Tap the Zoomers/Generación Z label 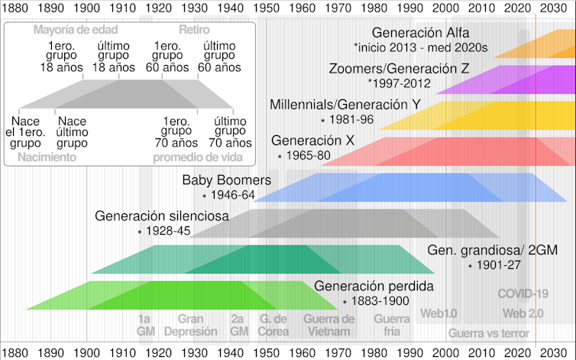(x=400, y=69)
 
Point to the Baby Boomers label (x=227, y=181)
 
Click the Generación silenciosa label (x=162, y=216)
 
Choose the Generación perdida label (x=374, y=287)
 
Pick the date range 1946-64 (x=232, y=196)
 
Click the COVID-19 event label (x=523, y=294)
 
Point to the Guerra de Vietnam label (x=328, y=325)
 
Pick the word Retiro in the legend (x=194, y=31)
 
